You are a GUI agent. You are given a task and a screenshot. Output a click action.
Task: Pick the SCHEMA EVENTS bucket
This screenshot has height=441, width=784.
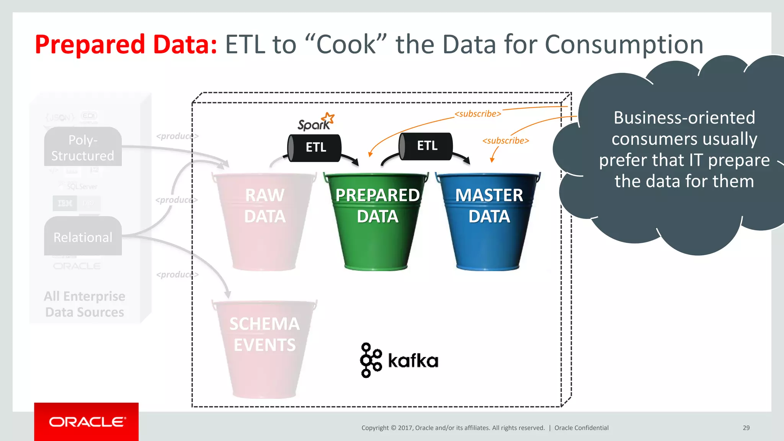coord(265,348)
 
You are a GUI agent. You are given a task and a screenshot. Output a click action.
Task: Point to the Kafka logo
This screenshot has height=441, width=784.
coord(399,360)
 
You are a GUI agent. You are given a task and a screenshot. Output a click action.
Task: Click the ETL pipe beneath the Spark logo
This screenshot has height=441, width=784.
coord(315,148)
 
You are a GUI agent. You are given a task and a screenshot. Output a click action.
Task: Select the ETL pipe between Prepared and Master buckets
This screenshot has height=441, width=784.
coord(426,146)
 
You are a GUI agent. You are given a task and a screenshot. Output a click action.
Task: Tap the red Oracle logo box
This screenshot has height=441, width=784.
coord(86,422)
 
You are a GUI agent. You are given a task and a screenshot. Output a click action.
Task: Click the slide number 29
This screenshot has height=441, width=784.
coord(746,428)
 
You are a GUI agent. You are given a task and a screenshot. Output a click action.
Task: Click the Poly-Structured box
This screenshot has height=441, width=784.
coord(83,147)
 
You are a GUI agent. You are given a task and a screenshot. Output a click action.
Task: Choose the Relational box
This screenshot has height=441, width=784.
coord(83,237)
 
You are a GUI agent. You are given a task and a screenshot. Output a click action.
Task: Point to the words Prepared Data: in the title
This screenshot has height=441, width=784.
coord(126,45)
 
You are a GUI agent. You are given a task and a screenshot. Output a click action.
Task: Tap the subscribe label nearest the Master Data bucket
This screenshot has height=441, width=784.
coord(506,141)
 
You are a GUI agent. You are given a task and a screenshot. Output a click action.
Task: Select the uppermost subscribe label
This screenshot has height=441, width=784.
coord(478,114)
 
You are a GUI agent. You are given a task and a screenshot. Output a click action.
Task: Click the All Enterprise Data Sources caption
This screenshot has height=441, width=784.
coord(85,304)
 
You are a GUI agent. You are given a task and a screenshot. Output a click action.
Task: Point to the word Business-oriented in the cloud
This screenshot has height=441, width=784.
coord(684,118)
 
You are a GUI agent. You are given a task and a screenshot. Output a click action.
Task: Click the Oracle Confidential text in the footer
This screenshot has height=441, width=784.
coord(581,428)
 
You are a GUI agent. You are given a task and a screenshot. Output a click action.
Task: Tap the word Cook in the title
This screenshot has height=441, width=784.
coord(346,45)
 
